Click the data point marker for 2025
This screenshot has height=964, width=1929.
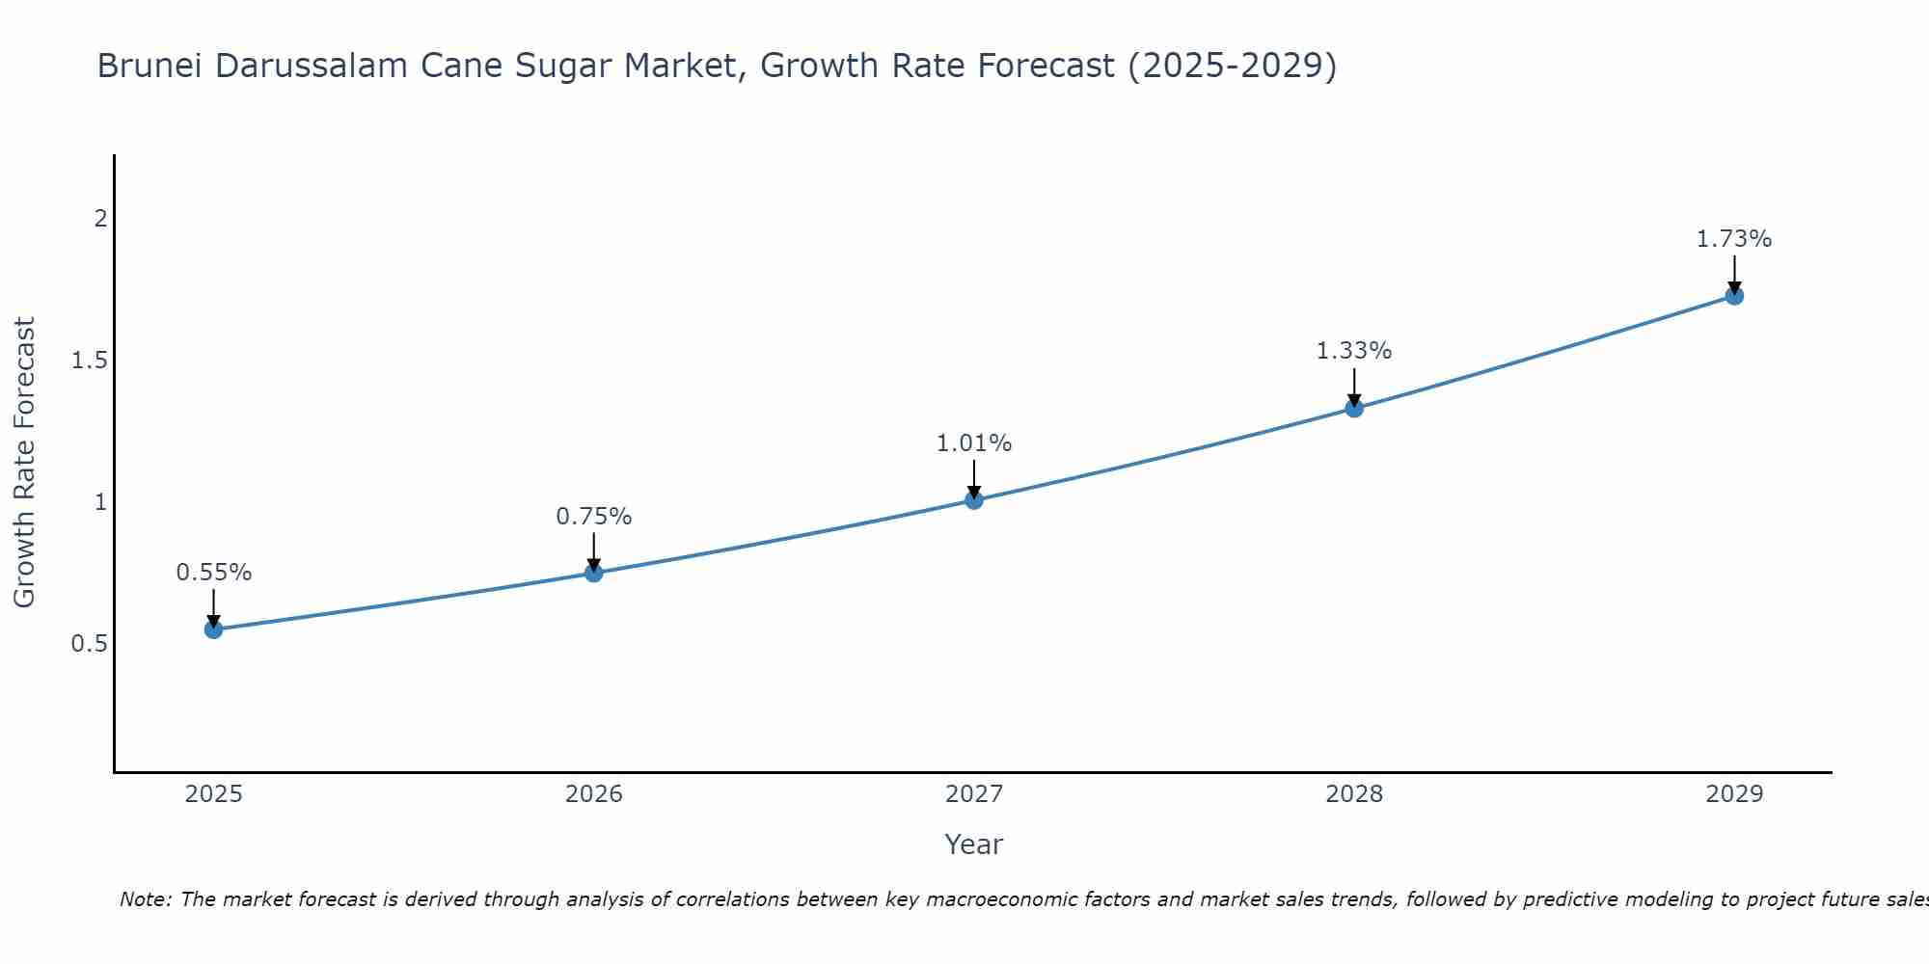(x=213, y=629)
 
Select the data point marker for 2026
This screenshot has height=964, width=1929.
(x=594, y=573)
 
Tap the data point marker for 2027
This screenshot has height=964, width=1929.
(x=974, y=499)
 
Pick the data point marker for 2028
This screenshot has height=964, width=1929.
(x=1354, y=408)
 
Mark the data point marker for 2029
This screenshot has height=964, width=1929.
(x=1734, y=295)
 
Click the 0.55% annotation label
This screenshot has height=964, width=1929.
(x=213, y=573)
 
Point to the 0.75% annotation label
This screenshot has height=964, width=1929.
(x=594, y=517)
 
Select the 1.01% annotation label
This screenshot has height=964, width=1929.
(x=974, y=443)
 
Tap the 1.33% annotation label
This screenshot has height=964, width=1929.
(x=1354, y=351)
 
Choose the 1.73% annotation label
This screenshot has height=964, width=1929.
(x=1734, y=239)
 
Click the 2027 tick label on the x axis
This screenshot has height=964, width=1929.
(x=974, y=794)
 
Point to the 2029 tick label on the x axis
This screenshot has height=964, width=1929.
(x=1734, y=794)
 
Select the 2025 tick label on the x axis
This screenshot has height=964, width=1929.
(x=213, y=794)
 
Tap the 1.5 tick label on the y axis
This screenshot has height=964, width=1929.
(x=89, y=361)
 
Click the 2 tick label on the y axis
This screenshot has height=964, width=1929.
(x=100, y=219)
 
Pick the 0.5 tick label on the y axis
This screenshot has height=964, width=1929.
(x=89, y=643)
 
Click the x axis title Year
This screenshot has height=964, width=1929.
(x=974, y=844)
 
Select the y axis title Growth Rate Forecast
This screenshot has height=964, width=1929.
(x=24, y=463)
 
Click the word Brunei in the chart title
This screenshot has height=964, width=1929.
(x=149, y=66)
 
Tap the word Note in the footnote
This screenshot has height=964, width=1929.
(x=145, y=899)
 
